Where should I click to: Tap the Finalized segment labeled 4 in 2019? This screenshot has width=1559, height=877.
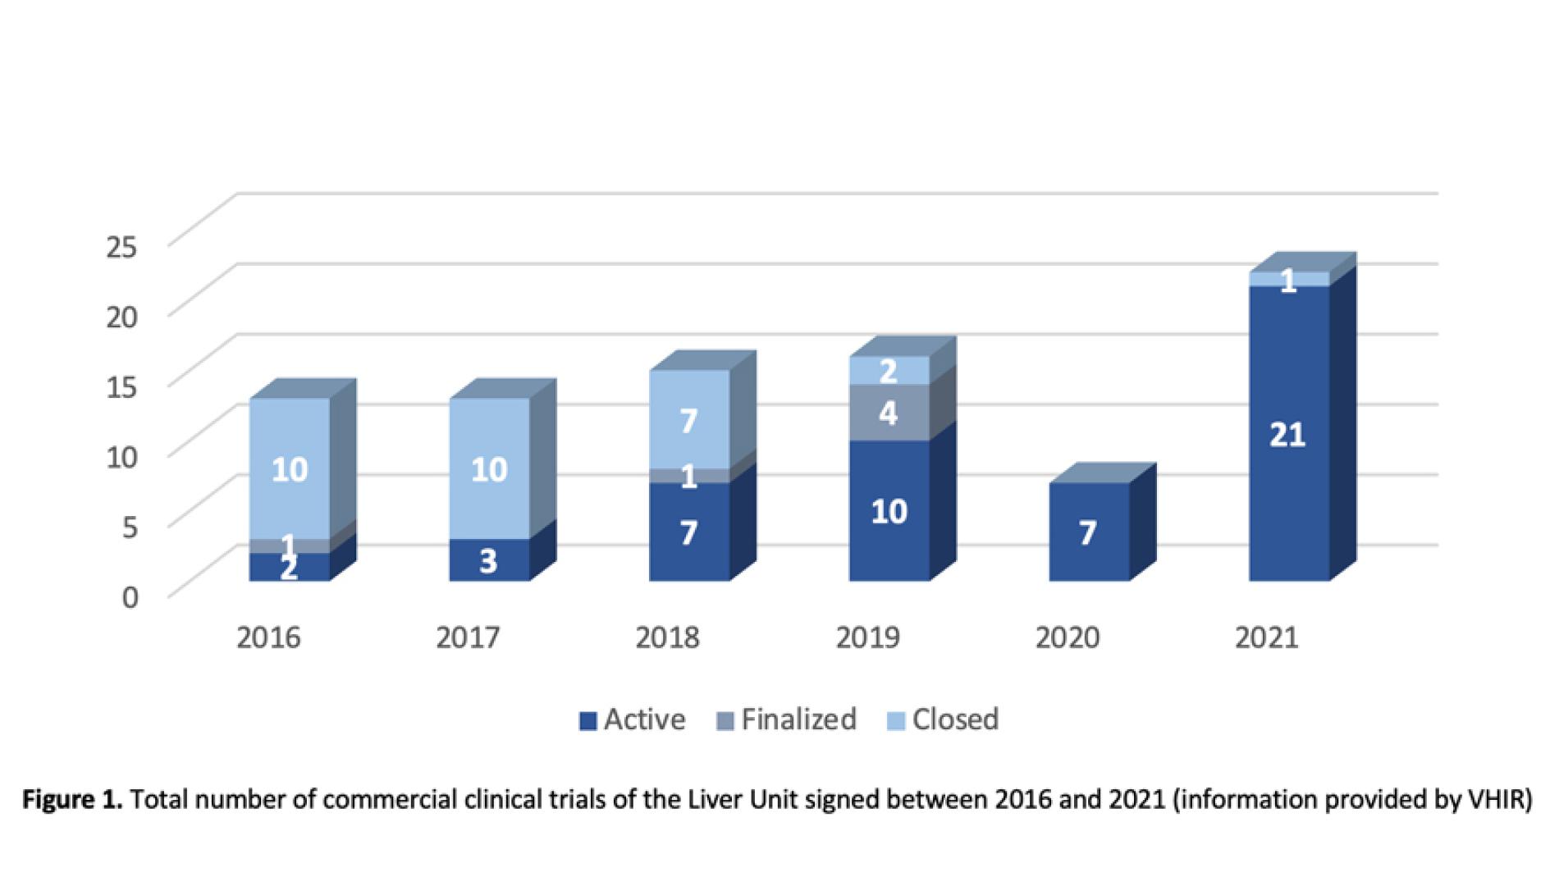coord(889,413)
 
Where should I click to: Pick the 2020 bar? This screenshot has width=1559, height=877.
coord(1088,532)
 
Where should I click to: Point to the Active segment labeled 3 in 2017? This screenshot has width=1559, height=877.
coord(489,560)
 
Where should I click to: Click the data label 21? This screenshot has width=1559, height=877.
coord(1287,434)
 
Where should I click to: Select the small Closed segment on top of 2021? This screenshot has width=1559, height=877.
coord(1288,280)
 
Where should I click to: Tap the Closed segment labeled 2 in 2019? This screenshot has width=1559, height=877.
coord(889,371)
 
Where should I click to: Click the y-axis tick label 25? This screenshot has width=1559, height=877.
coord(123,245)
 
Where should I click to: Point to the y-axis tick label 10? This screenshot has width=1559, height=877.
coord(123,456)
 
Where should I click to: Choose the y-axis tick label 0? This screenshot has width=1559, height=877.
coord(130,596)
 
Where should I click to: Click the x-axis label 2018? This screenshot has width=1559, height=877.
coord(667,637)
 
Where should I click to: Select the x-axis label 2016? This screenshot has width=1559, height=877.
coord(268,637)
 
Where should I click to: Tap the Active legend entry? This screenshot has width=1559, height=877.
coord(633,719)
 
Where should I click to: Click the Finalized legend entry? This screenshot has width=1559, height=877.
coord(787,719)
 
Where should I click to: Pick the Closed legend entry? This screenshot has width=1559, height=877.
coord(944,719)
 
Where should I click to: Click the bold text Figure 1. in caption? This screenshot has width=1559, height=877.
coord(72,799)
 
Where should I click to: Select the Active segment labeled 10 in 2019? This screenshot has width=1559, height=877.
coord(889,510)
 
